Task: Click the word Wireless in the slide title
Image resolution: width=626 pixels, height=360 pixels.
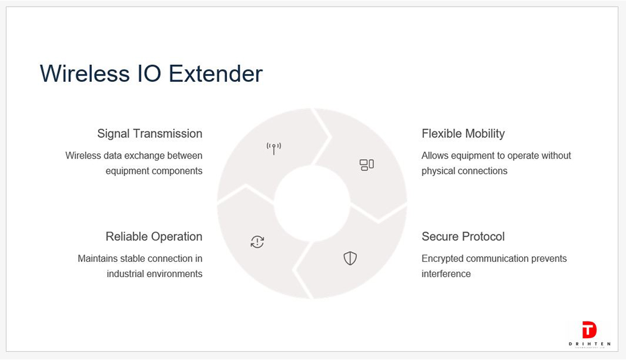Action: [x=85, y=74]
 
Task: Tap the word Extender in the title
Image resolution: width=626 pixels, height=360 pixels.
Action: [x=216, y=74]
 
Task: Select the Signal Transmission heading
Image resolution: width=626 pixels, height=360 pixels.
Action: [x=150, y=133]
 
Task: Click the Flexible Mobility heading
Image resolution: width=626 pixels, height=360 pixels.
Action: [x=463, y=133]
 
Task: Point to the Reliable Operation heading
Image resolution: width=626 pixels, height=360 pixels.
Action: [x=154, y=236]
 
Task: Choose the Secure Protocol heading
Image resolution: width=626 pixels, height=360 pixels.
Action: [x=463, y=236]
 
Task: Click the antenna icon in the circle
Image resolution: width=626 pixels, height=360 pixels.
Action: [x=274, y=148]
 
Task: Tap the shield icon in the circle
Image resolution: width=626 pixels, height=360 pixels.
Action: [x=350, y=259]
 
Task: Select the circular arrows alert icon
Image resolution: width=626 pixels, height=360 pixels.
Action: [x=257, y=242]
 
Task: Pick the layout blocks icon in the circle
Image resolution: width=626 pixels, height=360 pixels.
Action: [x=367, y=165]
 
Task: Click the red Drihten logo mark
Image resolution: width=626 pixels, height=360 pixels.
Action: [x=589, y=330]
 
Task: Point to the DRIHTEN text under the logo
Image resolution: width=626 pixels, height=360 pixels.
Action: [x=589, y=344]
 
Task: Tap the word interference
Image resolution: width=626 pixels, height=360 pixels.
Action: [x=446, y=274]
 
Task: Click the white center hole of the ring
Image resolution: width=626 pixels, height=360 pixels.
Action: [x=312, y=203]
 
